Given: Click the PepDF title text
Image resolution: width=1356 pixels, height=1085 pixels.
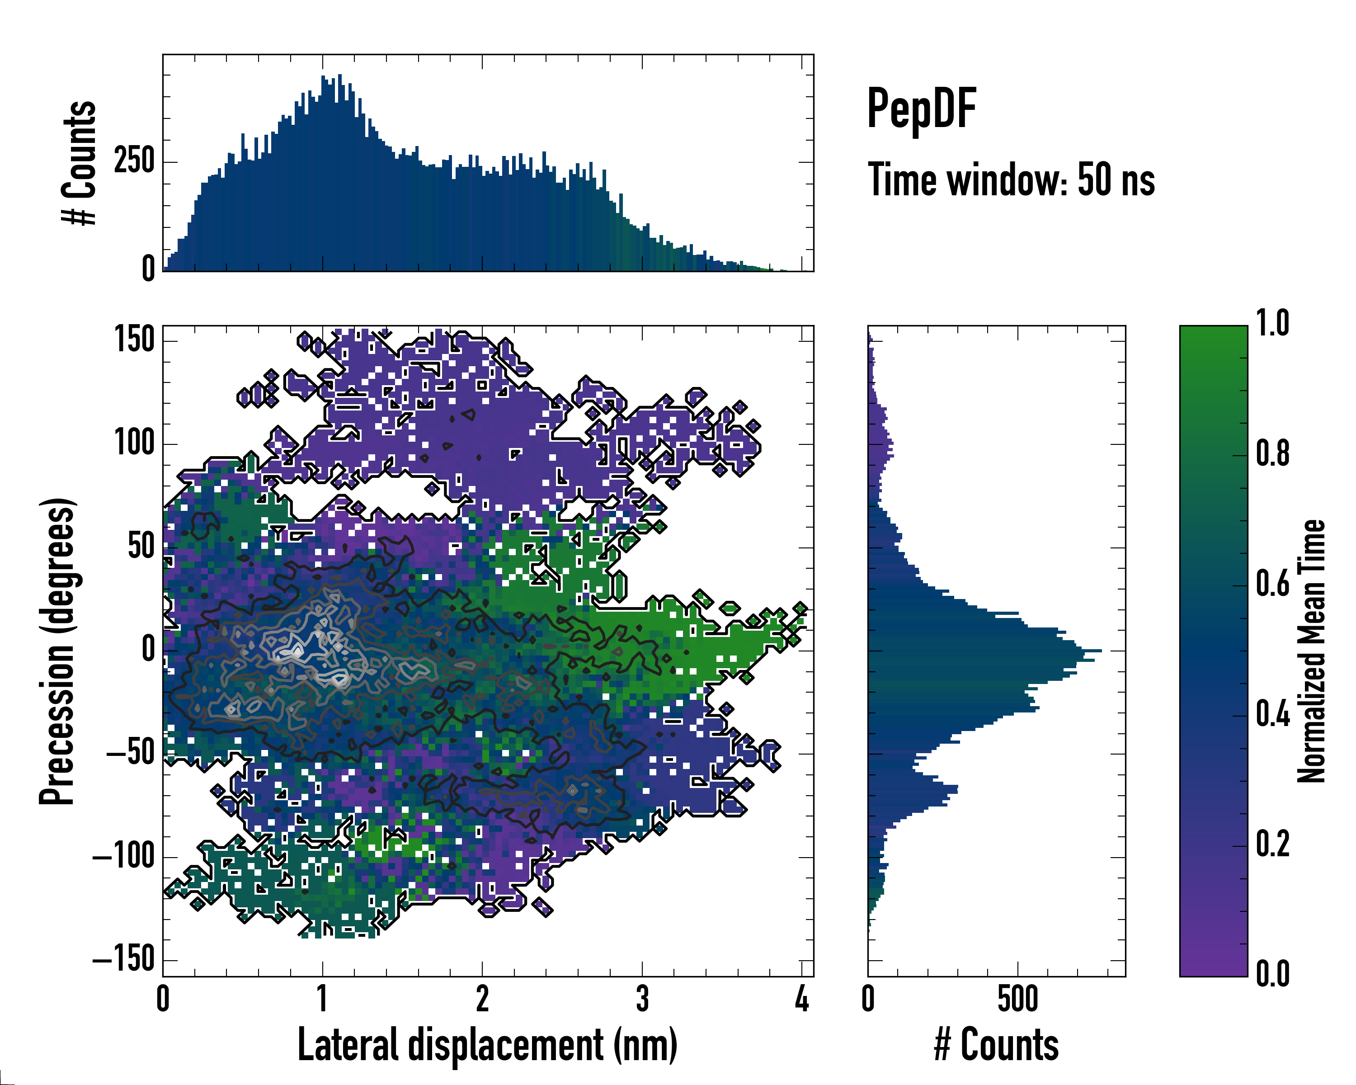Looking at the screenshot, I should click(x=921, y=109).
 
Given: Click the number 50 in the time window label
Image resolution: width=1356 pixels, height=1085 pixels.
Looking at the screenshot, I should click(x=1096, y=180).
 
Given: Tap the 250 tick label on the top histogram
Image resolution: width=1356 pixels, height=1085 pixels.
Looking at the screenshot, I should click(x=134, y=161).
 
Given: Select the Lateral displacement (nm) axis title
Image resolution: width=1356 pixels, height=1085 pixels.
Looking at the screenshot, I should click(x=487, y=1044).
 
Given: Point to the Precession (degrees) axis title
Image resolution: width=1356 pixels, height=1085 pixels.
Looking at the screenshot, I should click(x=58, y=651).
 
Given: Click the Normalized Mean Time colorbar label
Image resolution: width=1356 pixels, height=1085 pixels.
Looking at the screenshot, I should click(x=1311, y=651).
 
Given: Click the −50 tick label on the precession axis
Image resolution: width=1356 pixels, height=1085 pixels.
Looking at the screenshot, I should click(x=130, y=753).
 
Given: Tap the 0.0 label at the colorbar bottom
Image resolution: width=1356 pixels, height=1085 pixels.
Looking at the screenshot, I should click(x=1272, y=974).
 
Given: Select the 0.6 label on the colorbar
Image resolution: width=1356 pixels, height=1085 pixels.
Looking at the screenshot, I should click(x=1272, y=584).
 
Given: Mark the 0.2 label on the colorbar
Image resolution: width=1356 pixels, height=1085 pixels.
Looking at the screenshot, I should click(x=1272, y=844).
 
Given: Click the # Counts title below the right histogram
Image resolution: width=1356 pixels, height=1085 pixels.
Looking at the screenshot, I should click(x=996, y=1044).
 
